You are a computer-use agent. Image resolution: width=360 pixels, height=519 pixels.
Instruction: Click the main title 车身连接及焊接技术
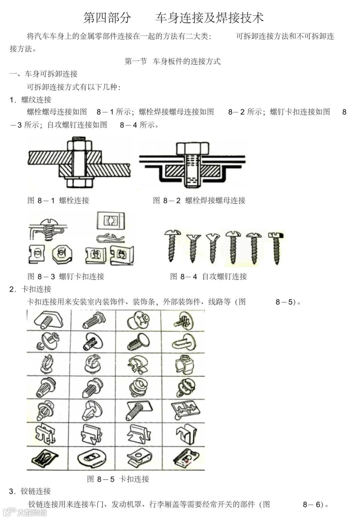click(209, 18)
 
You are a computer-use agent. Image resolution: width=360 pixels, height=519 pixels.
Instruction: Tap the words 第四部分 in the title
click(107, 18)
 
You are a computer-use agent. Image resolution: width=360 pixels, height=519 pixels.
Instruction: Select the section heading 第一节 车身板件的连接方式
click(172, 61)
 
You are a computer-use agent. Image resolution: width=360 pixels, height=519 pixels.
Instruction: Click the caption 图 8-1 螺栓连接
click(58, 201)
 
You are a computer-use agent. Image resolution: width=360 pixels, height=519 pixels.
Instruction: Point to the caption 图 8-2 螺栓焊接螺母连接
click(199, 201)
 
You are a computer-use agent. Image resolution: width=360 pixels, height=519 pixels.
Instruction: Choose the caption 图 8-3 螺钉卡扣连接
click(66, 276)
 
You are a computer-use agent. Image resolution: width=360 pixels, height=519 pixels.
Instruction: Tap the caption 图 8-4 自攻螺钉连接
click(208, 276)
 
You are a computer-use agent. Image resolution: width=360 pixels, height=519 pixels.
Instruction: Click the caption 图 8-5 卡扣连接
click(118, 479)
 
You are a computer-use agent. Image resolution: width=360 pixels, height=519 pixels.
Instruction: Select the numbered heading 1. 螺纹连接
click(30, 100)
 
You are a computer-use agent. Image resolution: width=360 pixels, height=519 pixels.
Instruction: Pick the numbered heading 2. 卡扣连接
click(30, 289)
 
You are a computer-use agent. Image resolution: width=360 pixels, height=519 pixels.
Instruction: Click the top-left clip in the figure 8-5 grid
click(49, 320)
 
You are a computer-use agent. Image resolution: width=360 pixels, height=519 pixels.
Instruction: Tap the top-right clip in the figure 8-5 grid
click(183, 320)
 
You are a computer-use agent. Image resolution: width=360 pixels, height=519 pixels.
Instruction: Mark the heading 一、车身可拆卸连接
click(44, 74)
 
